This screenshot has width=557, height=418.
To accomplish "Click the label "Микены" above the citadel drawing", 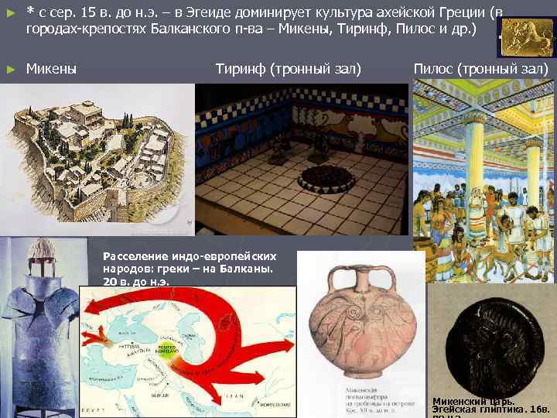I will point(51,70).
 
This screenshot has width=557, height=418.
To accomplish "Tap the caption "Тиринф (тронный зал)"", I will point(288,70).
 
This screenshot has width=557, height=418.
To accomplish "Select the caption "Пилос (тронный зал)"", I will point(480,70).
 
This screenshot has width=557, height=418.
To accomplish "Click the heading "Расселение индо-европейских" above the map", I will point(189,255).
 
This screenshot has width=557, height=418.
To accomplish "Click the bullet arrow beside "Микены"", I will point(9,70).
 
